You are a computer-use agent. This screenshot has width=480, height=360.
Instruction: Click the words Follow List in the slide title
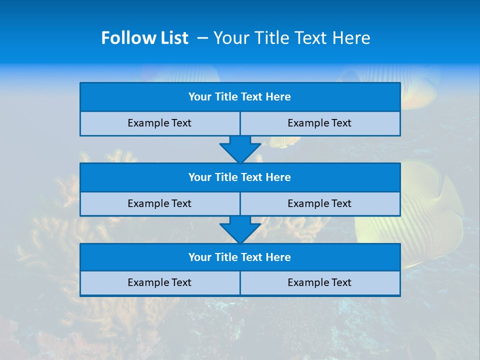[x=145, y=38]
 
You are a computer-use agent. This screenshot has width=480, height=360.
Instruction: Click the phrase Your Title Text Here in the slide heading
[x=291, y=38]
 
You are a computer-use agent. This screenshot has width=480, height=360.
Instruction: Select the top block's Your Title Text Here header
[x=239, y=97]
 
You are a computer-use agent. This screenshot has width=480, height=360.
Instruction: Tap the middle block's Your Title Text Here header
[x=239, y=177]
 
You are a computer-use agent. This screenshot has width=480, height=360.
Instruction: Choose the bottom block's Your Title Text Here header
[x=239, y=257]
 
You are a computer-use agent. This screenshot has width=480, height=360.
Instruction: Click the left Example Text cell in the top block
[x=159, y=123]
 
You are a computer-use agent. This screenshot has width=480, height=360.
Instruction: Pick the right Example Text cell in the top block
[x=319, y=123]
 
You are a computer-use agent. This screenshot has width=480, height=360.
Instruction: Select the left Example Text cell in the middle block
[x=159, y=203]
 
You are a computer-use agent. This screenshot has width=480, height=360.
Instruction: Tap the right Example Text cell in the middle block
[x=319, y=203]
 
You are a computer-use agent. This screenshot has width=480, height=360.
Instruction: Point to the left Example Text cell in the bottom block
[x=159, y=282]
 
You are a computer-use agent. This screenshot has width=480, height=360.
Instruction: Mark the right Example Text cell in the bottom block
[x=319, y=282]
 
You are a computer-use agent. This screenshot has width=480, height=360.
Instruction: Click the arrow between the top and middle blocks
[x=240, y=148]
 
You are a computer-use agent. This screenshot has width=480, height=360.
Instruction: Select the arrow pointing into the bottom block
[x=240, y=229]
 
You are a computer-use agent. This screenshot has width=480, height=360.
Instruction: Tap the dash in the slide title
[x=202, y=38]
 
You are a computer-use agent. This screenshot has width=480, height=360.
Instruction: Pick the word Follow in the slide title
[x=126, y=38]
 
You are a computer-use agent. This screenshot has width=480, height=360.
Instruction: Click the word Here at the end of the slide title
[x=352, y=38]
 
